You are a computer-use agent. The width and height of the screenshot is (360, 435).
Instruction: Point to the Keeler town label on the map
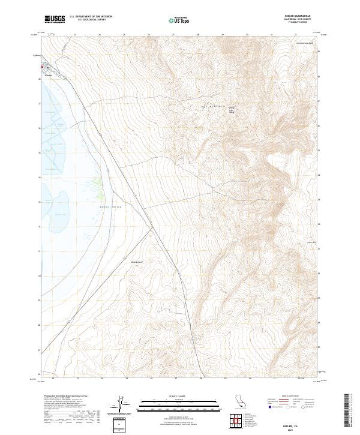tap(49, 76)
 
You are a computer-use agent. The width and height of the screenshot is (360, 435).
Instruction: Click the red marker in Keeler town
tap(42, 67)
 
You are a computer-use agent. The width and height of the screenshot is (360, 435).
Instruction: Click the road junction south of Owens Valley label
tap(151, 227)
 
